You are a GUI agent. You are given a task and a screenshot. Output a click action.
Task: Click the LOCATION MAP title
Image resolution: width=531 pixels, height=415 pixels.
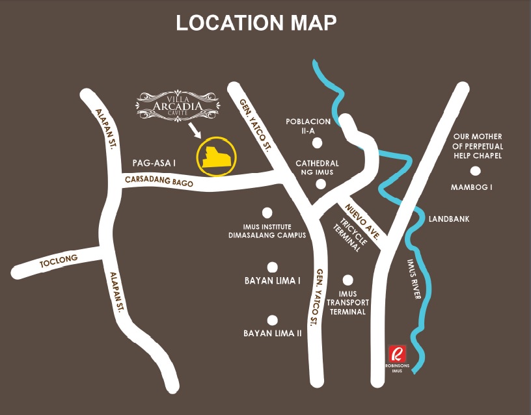pyautogui.click(x=256, y=23)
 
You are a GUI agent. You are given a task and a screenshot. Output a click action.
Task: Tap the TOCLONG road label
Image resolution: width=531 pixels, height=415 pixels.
pyautogui.click(x=59, y=260)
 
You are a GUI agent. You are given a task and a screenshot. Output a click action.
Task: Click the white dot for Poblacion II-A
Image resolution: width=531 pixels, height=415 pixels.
pyautogui.click(x=317, y=143)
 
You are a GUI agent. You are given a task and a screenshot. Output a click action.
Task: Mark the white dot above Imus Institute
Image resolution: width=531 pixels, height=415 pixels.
pyautogui.click(x=267, y=212)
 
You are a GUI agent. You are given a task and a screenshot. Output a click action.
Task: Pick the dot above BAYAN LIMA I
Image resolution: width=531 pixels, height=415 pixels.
pyautogui.click(x=273, y=267)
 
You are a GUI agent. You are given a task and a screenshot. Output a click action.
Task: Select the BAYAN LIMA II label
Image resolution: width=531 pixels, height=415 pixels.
pyautogui.click(x=273, y=333)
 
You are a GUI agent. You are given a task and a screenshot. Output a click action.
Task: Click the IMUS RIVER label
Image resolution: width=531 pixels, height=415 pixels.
pyautogui.click(x=414, y=280)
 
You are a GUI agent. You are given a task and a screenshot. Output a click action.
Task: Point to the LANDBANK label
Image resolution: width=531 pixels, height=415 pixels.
pyautogui.click(x=449, y=219)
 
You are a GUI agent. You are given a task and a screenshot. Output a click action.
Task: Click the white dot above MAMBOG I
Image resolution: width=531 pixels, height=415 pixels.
pyautogui.click(x=476, y=171)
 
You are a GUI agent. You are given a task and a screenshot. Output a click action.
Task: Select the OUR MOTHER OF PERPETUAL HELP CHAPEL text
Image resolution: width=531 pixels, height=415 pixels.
pyautogui.click(x=478, y=146)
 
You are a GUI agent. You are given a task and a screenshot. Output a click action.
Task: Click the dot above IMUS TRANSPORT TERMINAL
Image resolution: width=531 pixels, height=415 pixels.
pyautogui.click(x=348, y=280)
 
